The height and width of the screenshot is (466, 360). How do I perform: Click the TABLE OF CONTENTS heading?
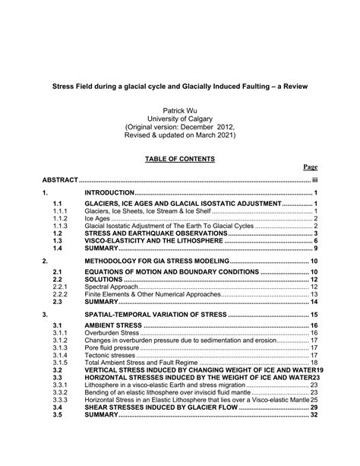[x=180, y=158]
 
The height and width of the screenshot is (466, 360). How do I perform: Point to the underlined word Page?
[x=310, y=167]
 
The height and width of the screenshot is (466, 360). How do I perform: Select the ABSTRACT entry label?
[x=60, y=180]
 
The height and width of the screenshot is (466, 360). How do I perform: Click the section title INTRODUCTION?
[x=109, y=194]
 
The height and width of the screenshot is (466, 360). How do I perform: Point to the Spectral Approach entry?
[x=112, y=287]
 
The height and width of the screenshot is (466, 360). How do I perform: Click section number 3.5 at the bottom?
[x=57, y=415]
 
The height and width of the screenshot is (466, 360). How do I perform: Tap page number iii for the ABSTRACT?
[x=314, y=180]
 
